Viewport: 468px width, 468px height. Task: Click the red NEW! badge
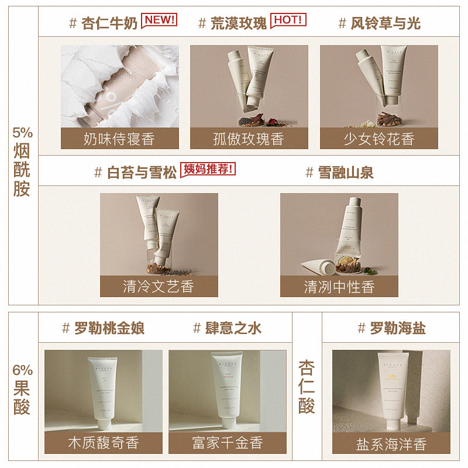(160, 20)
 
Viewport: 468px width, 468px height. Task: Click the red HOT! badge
(288, 20)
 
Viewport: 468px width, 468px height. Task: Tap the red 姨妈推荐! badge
(209, 170)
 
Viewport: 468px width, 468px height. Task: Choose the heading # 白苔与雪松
(136, 173)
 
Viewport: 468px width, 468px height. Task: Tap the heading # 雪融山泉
(339, 173)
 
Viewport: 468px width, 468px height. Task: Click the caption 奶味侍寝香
(119, 139)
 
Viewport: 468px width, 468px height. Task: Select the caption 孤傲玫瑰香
(249, 139)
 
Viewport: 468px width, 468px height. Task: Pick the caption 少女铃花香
(378, 139)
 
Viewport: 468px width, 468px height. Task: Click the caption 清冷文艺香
(159, 287)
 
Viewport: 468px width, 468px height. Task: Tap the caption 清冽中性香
(339, 287)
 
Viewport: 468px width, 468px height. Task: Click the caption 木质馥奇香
(103, 442)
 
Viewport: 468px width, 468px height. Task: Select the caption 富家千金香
(227, 442)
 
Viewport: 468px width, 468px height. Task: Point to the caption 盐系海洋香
(391, 444)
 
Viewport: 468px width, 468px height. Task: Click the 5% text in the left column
(22, 132)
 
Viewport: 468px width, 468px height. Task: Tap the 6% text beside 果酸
(22, 370)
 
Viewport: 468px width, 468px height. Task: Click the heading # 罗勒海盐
(391, 328)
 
